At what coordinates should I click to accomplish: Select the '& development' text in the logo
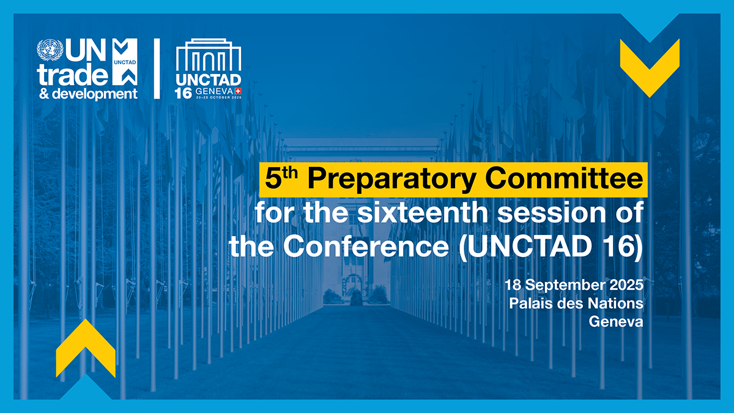coord(87,94)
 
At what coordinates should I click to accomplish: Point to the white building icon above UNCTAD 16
coord(209,58)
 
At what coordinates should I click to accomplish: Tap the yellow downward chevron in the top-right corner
coord(650,66)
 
